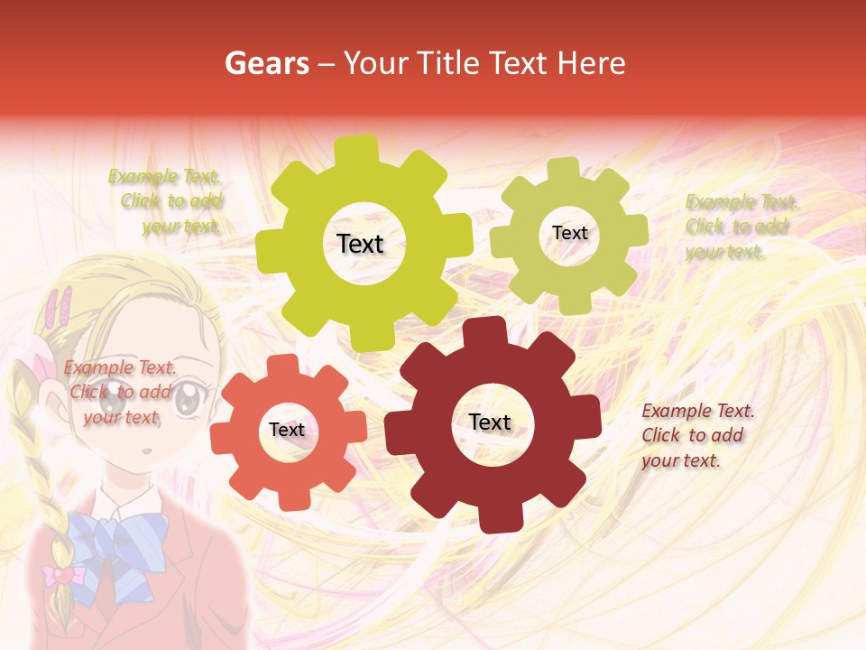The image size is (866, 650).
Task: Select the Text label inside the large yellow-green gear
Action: coord(360,244)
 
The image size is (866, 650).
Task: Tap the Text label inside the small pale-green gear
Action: coord(569,233)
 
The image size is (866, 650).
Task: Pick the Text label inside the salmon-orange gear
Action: coord(287,430)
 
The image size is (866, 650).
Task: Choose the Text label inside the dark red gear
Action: coord(490,422)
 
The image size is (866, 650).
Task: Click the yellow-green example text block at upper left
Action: coord(167,201)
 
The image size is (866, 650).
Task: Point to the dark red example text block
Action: coord(696,435)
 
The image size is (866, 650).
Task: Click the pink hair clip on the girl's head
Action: coord(60,307)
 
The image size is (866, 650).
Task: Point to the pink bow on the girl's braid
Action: coord(62,574)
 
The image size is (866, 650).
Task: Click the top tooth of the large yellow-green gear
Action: coord(362,148)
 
